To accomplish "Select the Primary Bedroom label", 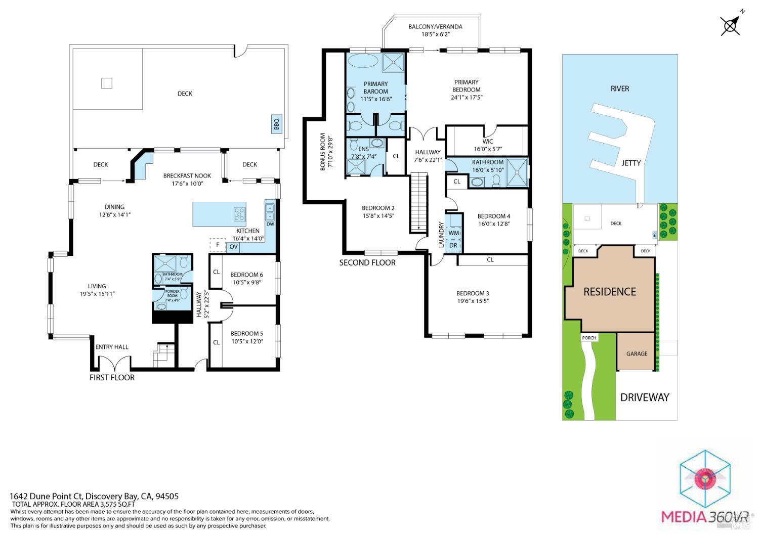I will pyautogui.click(x=466, y=86).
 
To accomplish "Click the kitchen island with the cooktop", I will pyautogui.click(x=219, y=214).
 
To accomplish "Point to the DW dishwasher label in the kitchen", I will pyautogui.click(x=270, y=224).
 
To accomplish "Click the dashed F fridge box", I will pyautogui.click(x=218, y=245).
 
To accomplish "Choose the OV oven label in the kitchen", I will pyautogui.click(x=233, y=247).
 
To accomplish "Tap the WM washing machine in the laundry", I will pyautogui.click(x=454, y=233).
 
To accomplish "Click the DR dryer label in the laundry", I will pyautogui.click(x=453, y=246).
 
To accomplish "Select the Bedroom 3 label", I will pyautogui.click(x=473, y=293).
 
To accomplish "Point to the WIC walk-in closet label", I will pyautogui.click(x=487, y=142).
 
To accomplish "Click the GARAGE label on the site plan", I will pyautogui.click(x=637, y=353).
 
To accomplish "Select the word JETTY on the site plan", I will pyautogui.click(x=631, y=163).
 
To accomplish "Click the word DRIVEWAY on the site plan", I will pyautogui.click(x=645, y=397).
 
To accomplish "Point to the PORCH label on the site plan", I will pyautogui.click(x=589, y=338).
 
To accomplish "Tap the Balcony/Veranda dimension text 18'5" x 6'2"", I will pyautogui.click(x=435, y=34).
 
